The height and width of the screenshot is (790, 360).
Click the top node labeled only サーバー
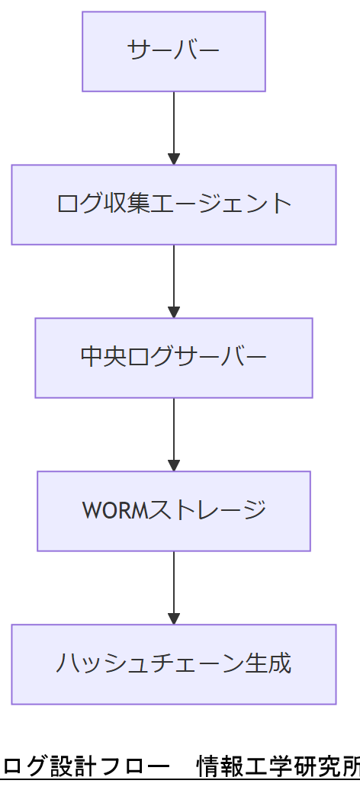coord(174,51)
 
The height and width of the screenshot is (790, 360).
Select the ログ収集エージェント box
coord(174,204)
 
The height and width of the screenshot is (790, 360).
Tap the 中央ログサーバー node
coord(174,358)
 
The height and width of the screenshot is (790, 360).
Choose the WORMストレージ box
coord(174,511)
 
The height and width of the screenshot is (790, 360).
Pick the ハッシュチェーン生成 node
coord(174,664)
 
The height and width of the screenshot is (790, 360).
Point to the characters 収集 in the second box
coord(127,204)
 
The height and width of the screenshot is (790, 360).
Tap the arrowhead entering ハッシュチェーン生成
coord(174,618)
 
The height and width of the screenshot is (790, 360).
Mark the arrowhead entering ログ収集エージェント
coord(174,159)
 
